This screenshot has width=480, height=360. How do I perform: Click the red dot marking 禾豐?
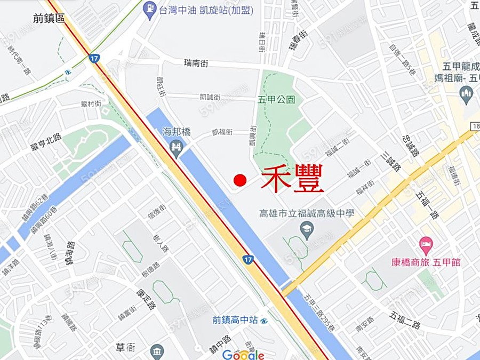(x=240, y=180)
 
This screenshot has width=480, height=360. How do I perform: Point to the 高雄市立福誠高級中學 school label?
(x=307, y=213)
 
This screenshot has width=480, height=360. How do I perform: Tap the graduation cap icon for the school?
(x=307, y=231)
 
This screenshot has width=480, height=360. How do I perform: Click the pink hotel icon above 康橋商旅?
(x=426, y=246)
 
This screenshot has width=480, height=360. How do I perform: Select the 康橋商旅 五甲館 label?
(x=426, y=262)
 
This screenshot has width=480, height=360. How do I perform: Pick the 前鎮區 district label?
(x=49, y=18)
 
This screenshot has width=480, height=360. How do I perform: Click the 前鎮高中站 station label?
(x=235, y=320)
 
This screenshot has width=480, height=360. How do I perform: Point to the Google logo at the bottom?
(x=243, y=355)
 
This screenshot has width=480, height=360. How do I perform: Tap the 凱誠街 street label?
(x=209, y=97)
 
